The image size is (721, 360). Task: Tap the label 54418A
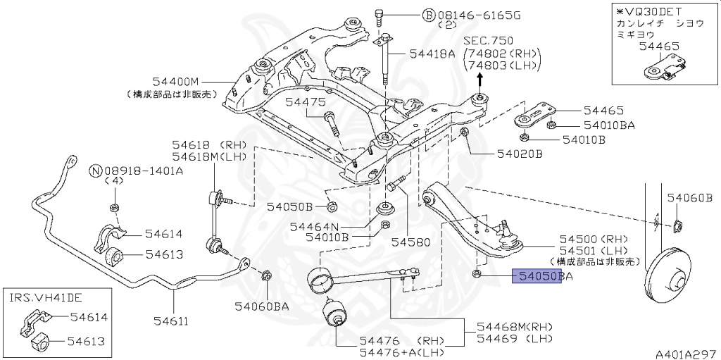429,53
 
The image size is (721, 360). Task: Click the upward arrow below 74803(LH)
481,80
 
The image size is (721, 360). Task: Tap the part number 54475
305,102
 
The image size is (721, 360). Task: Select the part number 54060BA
263,306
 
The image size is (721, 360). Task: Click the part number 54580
410,242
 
